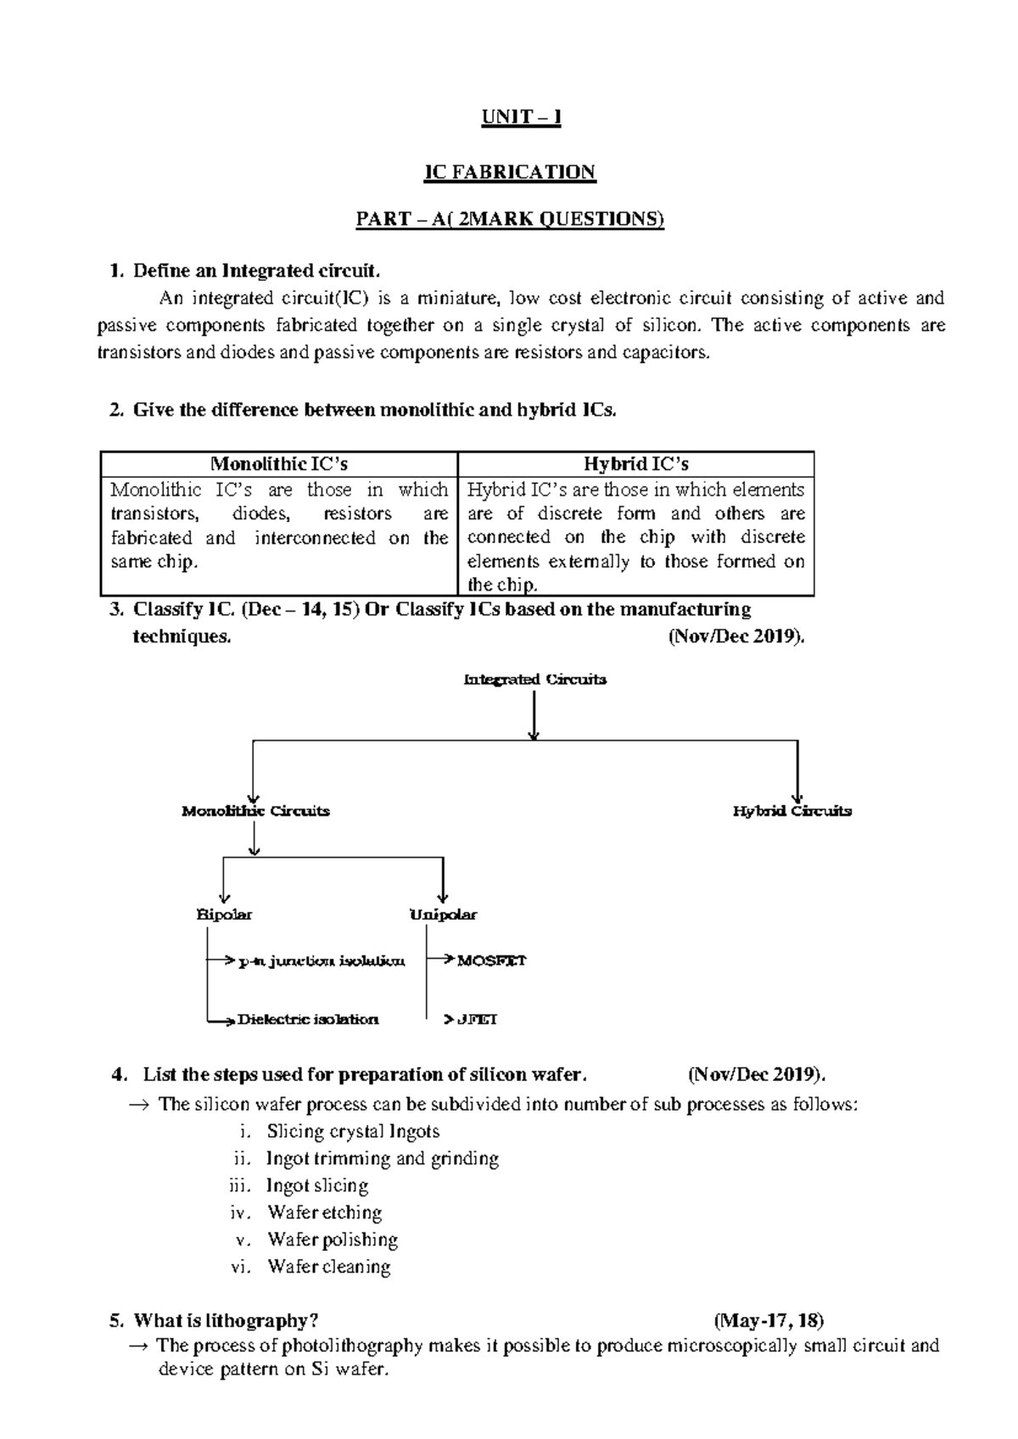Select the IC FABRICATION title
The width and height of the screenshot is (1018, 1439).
tap(510, 172)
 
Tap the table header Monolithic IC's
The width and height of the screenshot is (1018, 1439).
tap(279, 464)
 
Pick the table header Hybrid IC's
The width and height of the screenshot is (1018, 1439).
tap(635, 464)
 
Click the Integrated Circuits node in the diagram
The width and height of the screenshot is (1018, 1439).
tap(534, 680)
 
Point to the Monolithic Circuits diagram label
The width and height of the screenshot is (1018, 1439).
tap(255, 811)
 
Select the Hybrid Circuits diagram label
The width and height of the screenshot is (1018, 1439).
tap(791, 811)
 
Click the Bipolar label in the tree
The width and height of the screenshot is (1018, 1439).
tap(224, 915)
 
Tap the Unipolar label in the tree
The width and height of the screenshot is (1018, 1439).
tap(443, 915)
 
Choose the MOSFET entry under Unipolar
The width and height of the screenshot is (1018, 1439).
tap(492, 960)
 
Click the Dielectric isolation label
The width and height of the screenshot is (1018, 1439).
tap(308, 1019)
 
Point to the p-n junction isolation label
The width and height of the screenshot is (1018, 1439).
tap(322, 961)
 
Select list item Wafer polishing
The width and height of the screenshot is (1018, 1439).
tap(333, 1240)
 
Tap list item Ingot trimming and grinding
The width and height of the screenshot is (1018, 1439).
tap(382, 1158)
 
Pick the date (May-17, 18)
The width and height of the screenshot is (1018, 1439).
tap(769, 1321)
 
